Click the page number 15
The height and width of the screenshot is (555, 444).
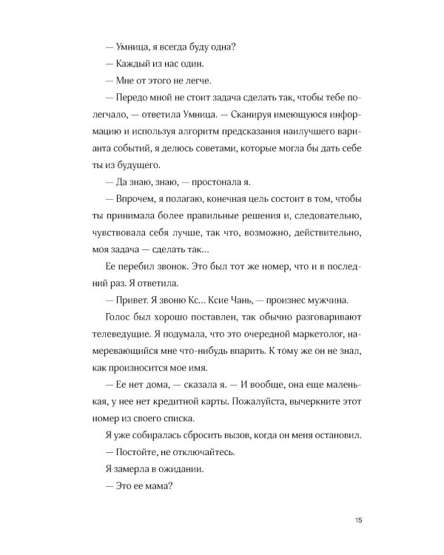coord(358,520)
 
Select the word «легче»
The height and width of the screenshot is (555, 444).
coord(184,84)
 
